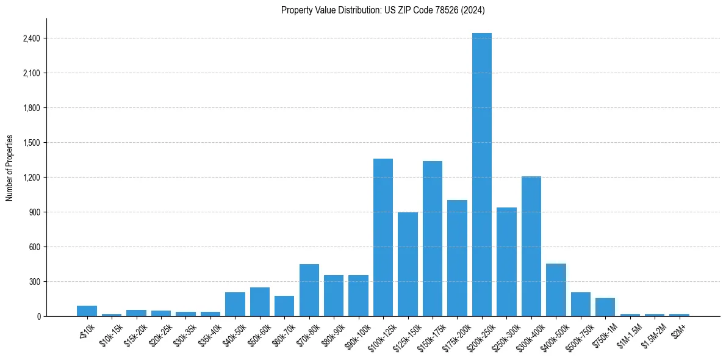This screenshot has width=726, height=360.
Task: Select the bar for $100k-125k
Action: [x=383, y=237]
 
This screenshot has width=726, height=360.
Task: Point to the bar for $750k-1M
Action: [x=605, y=307]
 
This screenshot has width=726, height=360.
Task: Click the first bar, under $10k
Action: [x=87, y=311]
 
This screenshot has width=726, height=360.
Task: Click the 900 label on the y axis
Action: [x=34, y=212]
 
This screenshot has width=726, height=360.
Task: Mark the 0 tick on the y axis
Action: [x=38, y=316]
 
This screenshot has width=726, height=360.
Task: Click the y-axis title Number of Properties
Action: [x=9, y=168]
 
